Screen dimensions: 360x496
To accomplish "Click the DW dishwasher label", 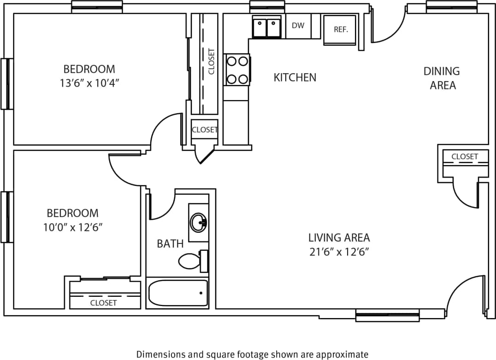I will (x=298, y=26).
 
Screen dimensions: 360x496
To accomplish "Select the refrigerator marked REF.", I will (x=340, y=30).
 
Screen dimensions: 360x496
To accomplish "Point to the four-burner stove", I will (x=237, y=70).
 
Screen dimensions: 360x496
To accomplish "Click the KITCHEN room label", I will (x=295, y=77).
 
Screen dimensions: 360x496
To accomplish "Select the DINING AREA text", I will (x=442, y=78).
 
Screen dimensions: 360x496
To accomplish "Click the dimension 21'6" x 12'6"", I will (x=339, y=252).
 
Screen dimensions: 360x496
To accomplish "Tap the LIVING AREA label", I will (x=339, y=238).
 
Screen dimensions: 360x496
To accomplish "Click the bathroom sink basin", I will (x=199, y=223).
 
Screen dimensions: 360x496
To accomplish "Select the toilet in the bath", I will (x=192, y=261).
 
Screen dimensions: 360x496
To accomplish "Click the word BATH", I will (x=170, y=244).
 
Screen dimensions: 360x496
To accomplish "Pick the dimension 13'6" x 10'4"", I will (x=89, y=83).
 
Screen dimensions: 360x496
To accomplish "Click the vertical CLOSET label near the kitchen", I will (x=211, y=61).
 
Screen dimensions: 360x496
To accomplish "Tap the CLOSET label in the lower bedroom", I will (x=103, y=303).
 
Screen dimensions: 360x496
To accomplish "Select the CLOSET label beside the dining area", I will (x=464, y=157).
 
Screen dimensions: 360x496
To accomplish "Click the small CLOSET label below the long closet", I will (x=204, y=130).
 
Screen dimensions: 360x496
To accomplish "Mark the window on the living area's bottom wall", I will (x=387, y=316).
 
